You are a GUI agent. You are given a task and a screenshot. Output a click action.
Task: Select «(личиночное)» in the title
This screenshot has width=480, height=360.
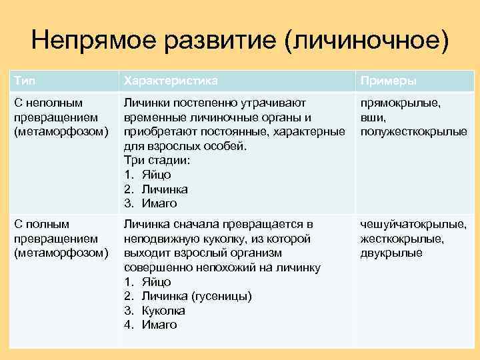click(x=365, y=41)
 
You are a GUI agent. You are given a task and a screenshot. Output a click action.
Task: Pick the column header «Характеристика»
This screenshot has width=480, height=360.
click(x=171, y=81)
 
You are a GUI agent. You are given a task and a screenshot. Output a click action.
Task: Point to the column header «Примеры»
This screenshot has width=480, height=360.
click(x=389, y=81)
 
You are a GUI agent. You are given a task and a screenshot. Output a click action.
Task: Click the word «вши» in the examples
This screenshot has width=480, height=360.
click(x=371, y=117)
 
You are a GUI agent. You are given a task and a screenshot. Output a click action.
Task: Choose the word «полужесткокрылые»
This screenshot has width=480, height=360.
click(x=413, y=131)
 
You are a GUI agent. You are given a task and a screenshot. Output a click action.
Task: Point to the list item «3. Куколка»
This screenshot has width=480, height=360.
click(x=155, y=311)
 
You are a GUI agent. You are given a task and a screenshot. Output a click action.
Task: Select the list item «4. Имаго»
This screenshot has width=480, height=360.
click(x=151, y=325)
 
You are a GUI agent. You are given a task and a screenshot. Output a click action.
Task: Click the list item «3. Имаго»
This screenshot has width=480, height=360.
click(x=151, y=203)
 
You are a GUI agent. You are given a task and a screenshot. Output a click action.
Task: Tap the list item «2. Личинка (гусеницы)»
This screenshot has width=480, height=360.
click(x=188, y=296)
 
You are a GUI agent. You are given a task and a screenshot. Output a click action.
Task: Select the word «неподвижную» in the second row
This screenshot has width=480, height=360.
click(x=157, y=239)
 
